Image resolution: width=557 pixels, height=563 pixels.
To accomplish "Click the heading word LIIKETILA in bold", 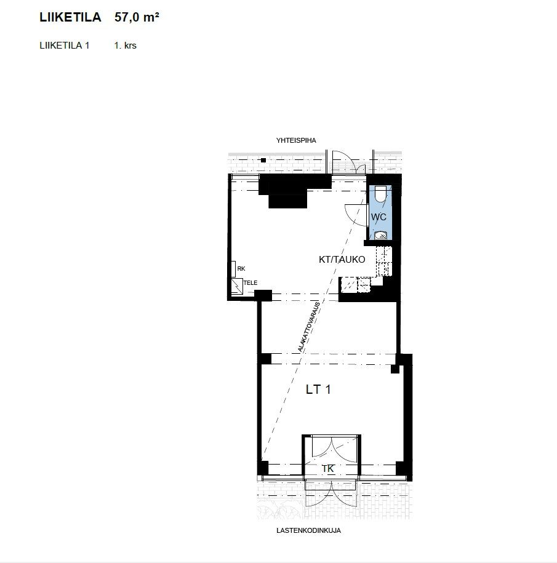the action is [70, 17].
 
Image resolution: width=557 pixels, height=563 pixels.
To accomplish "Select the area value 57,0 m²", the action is [137, 17].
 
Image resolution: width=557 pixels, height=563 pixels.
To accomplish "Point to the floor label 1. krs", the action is [126, 46].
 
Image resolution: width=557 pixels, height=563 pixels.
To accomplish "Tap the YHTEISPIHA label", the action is [296, 140].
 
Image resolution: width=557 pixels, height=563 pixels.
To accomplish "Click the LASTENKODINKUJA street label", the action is [308, 530].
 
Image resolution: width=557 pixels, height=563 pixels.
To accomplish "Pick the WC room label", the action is [379, 217].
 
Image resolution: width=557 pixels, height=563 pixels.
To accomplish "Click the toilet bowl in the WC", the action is [380, 194].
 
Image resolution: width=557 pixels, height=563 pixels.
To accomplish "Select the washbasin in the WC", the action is [380, 236].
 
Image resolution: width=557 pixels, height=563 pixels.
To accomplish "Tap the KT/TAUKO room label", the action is [342, 259].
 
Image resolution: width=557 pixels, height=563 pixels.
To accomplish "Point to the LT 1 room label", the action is [318, 389].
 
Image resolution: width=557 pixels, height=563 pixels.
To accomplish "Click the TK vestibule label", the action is [328, 469].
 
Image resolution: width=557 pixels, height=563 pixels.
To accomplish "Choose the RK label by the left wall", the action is [241, 268].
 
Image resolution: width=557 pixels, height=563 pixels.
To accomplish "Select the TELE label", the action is [250, 283].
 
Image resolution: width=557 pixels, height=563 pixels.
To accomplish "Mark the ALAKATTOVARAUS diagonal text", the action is [309, 327].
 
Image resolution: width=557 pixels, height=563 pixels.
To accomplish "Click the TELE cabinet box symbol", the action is [237, 286].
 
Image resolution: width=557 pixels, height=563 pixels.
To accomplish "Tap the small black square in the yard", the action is [263, 161].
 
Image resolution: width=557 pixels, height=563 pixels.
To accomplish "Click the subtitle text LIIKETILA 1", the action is [64, 46].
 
